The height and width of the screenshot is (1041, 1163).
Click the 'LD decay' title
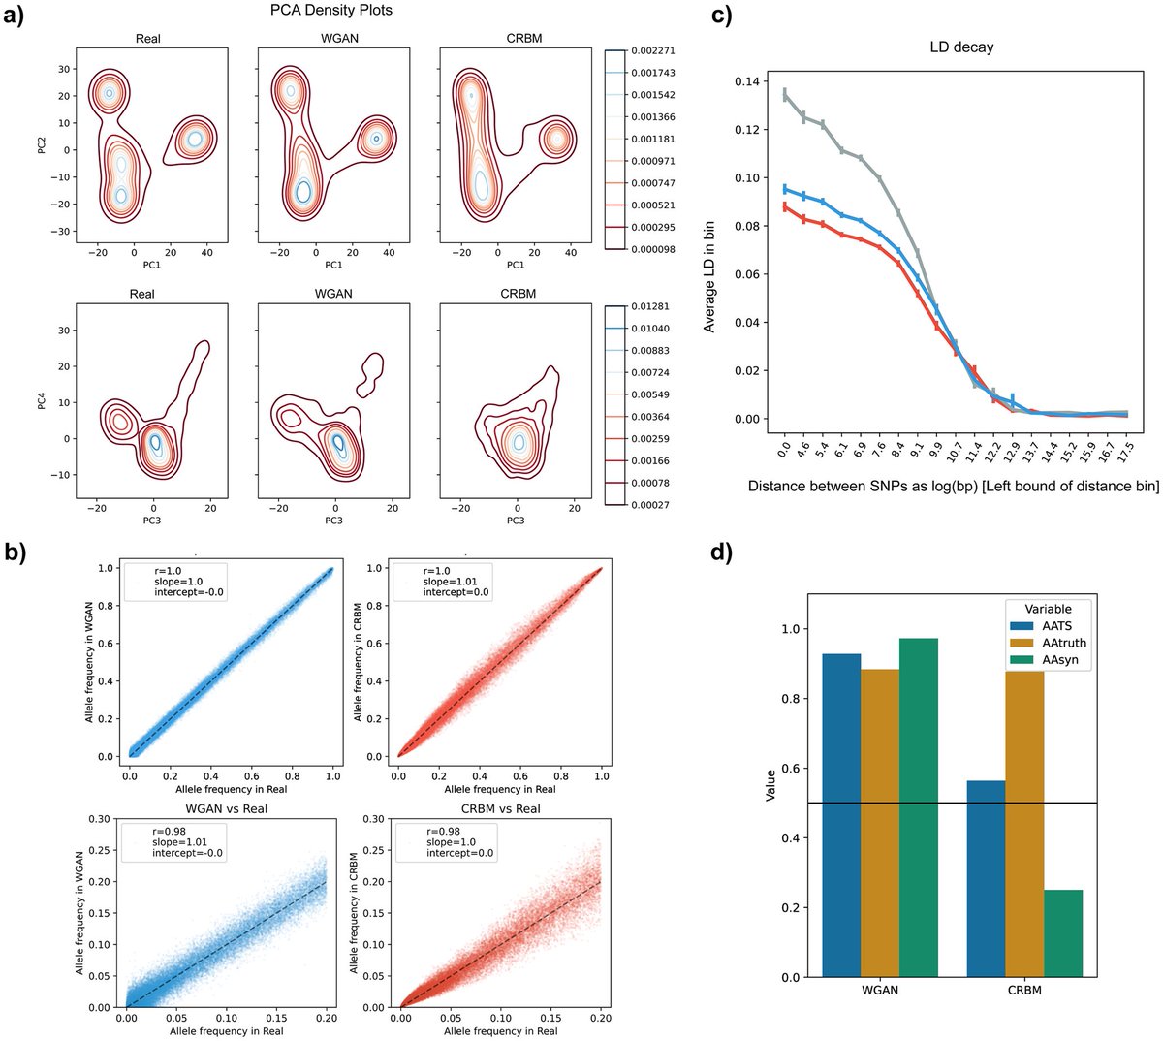tap(959, 47)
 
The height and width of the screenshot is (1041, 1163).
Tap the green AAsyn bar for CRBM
tap(1062, 932)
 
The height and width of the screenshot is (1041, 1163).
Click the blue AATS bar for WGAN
tap(841, 815)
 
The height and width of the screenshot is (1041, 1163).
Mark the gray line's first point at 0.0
tap(784, 94)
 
